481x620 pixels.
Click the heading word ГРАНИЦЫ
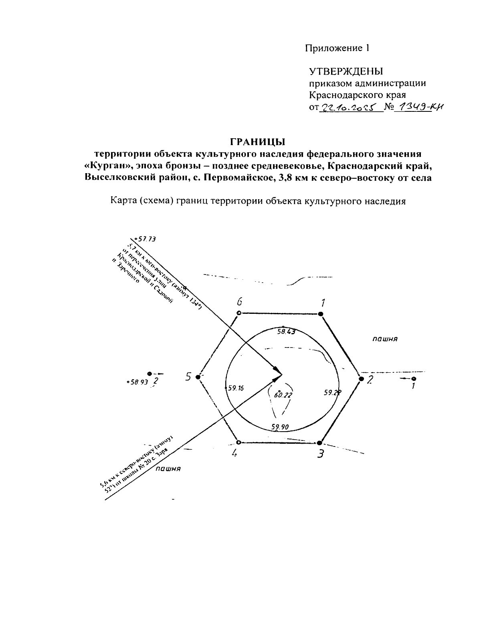257,141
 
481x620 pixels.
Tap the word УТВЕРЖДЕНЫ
346,72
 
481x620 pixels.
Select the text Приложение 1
336,48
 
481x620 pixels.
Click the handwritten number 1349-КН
420,107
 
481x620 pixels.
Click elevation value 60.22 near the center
283,395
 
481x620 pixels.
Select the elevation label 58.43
286,332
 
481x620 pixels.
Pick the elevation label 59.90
280,427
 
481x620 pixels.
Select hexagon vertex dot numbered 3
319,443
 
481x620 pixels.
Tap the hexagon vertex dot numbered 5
198,377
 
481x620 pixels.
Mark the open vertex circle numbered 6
239,313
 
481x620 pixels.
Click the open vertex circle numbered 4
239,442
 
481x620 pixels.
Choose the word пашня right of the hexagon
385,339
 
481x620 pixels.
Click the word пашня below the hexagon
168,468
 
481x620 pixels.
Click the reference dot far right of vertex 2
414,378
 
